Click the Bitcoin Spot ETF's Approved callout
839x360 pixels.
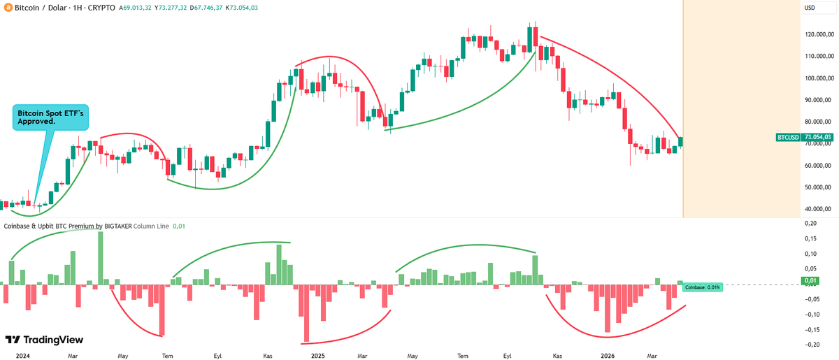coord(50,117)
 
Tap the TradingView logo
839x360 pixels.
coord(44,340)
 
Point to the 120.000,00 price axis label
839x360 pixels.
coord(819,35)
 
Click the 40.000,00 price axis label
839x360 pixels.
coord(819,209)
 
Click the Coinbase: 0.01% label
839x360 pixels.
coord(701,287)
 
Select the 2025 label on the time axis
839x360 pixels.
coord(318,356)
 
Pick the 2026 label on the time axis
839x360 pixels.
coord(605,356)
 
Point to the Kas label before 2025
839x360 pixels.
coord(268,356)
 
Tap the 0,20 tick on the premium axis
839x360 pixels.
coord(811,223)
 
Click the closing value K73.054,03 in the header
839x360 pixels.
coord(258,8)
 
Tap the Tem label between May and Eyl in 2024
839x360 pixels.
coord(167,356)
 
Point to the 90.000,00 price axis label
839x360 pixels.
coord(819,100)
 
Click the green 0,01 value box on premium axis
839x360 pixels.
coord(810,282)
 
